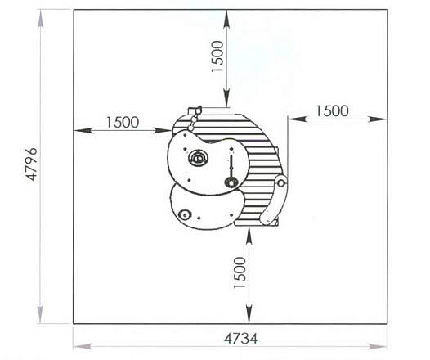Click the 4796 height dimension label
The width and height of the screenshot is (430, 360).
pyautogui.click(x=31, y=164)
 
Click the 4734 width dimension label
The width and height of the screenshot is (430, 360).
pyautogui.click(x=241, y=339)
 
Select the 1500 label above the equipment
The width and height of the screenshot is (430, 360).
pyautogui.click(x=217, y=56)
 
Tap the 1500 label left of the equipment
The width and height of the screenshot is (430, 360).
pyautogui.click(x=123, y=123)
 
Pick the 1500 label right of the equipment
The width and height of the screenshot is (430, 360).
pyautogui.click(x=332, y=111)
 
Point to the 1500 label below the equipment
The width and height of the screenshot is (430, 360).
pyautogui.click(x=240, y=272)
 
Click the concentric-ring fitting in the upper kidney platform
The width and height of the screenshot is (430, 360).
pyautogui.click(x=198, y=158)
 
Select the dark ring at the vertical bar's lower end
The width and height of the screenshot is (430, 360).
pyautogui.click(x=231, y=182)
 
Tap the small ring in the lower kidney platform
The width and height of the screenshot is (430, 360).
pyautogui.click(x=184, y=214)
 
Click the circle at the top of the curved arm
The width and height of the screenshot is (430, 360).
pyautogui.click(x=281, y=182)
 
